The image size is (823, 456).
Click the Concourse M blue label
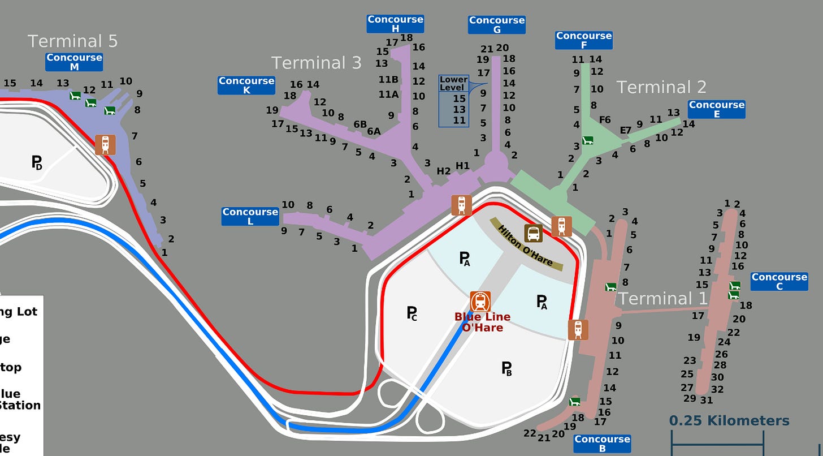[74, 62]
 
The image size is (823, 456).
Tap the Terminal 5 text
[72, 41]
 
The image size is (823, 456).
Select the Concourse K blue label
[246, 85]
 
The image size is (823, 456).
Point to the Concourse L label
[250, 217]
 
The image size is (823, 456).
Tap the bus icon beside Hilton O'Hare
[533, 233]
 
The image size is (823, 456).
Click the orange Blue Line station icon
[480, 302]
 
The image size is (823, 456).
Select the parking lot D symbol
[37, 163]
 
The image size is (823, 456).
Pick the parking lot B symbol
[507, 369]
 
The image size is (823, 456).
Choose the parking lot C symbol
[411, 313]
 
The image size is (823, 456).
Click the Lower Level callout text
[453, 84]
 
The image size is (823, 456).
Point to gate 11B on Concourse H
[388, 79]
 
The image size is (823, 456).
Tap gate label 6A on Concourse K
[374, 131]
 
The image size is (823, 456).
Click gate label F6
[605, 119]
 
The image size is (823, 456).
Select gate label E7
[625, 130]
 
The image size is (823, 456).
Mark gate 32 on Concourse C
[717, 389]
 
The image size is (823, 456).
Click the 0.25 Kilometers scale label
[729, 421]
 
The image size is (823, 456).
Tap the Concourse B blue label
[602, 444]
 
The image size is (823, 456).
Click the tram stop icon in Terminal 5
[105, 145]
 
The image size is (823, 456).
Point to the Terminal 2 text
[661, 87]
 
